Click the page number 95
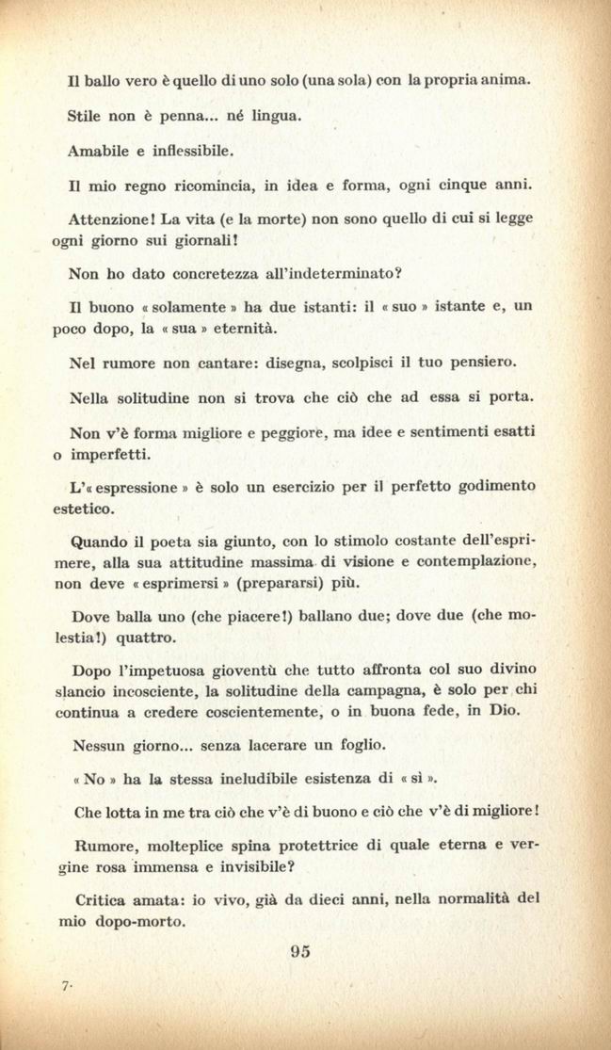tap(300, 951)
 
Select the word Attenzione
tap(110, 218)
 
